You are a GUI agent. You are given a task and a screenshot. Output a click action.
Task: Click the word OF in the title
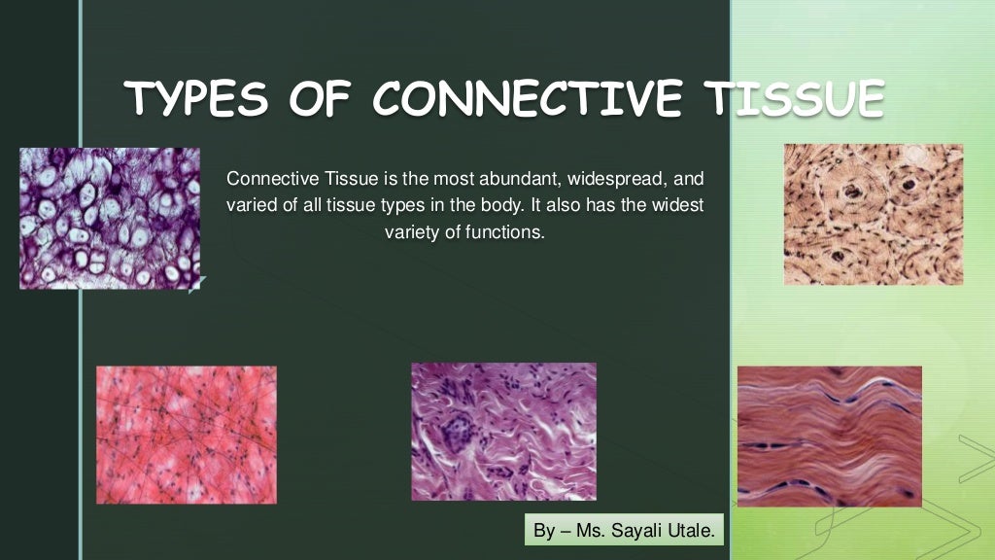coord(316,99)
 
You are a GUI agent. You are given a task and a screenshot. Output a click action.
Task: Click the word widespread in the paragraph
coord(603,180)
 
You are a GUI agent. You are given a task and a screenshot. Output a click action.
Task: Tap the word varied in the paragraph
coord(248,206)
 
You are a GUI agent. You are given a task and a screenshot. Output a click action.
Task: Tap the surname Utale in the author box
coord(691,531)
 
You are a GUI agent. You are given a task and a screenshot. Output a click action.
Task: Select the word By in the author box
coord(544,531)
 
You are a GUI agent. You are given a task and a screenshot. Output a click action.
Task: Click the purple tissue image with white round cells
coord(110,218)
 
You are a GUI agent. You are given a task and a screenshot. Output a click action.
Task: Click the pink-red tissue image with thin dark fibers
coord(186,435)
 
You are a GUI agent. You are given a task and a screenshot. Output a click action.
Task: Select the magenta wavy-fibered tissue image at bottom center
coord(503,432)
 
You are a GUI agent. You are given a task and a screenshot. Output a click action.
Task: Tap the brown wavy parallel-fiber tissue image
coord(829,436)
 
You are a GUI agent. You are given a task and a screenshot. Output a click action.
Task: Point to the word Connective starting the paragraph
coord(264,180)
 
